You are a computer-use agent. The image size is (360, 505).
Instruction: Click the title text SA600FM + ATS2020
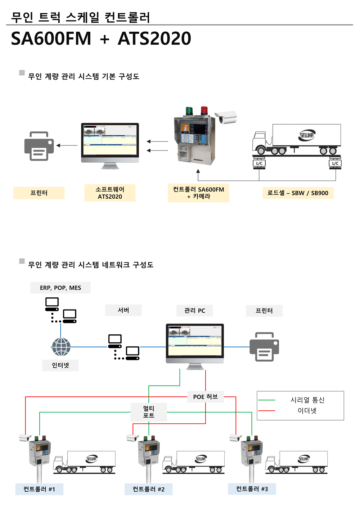[x=101, y=39]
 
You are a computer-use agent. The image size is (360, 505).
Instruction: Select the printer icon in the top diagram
[x=39, y=146]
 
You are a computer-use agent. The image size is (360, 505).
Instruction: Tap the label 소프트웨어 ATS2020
[x=110, y=193]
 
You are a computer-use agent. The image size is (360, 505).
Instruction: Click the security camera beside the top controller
[x=226, y=117]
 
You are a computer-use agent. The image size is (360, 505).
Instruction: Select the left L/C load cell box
[x=259, y=163]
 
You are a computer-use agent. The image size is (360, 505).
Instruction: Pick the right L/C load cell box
[x=335, y=163]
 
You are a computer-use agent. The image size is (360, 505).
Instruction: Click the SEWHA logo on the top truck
[x=307, y=135]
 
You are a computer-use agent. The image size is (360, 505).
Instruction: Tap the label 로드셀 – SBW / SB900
[x=298, y=193]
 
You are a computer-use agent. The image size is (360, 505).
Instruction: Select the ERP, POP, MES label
[x=60, y=288]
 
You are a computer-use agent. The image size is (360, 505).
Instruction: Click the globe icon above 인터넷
[x=61, y=347]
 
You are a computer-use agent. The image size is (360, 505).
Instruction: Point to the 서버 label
[x=123, y=310]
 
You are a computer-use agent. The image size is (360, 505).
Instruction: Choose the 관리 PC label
[x=194, y=310]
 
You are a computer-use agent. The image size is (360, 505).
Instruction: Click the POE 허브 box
[x=205, y=397]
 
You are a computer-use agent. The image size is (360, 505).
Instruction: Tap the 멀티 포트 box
[x=149, y=412]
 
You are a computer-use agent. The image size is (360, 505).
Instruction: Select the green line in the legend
[x=267, y=400]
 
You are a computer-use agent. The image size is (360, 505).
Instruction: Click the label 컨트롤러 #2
[x=148, y=489]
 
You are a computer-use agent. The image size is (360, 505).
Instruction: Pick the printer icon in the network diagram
[x=264, y=347]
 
